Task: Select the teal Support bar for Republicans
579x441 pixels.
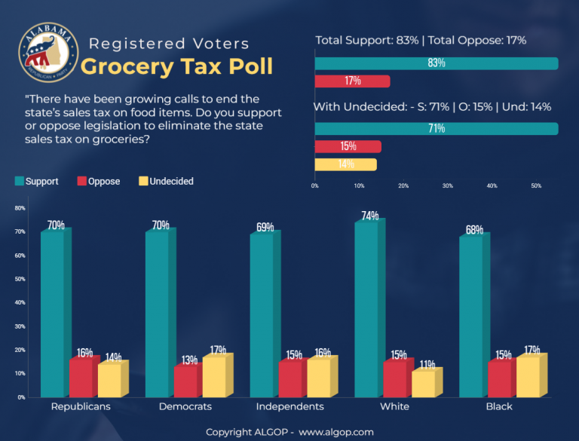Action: click(x=52, y=314)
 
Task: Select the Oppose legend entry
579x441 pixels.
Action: click(x=99, y=181)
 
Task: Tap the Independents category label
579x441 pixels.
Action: click(x=290, y=406)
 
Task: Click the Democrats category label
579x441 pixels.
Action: click(x=185, y=406)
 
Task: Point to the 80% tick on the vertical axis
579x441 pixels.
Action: click(x=20, y=208)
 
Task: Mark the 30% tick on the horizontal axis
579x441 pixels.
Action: click(x=448, y=185)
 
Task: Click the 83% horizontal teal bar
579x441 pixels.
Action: click(x=437, y=63)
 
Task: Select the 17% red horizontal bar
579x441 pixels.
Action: click(x=352, y=81)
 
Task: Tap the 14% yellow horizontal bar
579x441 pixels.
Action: click(x=345, y=164)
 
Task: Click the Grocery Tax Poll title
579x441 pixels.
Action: click(x=176, y=66)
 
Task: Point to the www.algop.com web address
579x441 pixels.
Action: click(x=336, y=432)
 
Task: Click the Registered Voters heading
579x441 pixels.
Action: click(x=168, y=44)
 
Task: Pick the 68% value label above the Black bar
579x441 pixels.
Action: click(x=474, y=229)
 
